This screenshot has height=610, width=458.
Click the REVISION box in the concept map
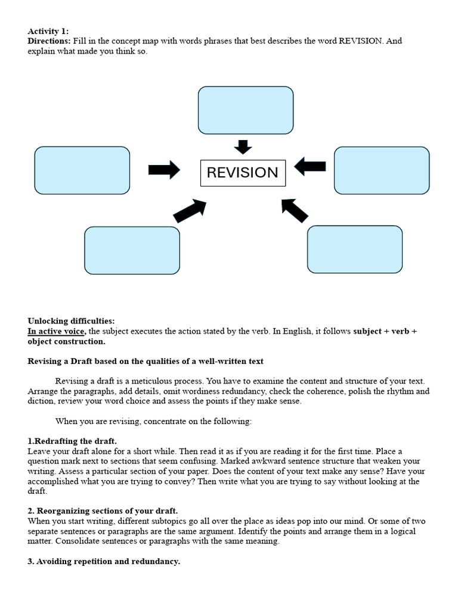click(242, 173)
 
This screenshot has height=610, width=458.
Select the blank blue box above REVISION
click(245, 110)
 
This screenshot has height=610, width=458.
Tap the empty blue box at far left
click(82, 170)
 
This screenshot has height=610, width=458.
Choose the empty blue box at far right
click(382, 170)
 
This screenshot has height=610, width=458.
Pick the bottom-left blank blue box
click(132, 250)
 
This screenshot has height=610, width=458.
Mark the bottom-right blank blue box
click(354, 249)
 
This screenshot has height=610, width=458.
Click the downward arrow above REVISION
click(243, 147)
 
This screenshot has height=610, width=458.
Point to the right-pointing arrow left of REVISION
click(164, 170)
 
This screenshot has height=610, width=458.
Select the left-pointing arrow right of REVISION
click(310, 167)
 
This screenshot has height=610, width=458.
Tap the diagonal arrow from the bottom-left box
click(190, 211)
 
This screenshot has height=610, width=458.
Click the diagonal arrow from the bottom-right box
click(294, 210)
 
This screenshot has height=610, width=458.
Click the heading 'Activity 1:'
click(48, 31)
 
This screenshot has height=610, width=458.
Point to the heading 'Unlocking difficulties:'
click(71, 321)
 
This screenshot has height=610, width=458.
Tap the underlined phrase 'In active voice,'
click(57, 331)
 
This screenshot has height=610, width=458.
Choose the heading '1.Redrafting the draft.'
click(72, 441)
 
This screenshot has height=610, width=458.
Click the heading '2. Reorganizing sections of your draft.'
click(103, 511)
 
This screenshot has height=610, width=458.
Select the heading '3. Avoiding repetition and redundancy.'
click(104, 562)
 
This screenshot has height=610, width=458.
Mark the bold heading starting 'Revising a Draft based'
click(146, 362)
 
